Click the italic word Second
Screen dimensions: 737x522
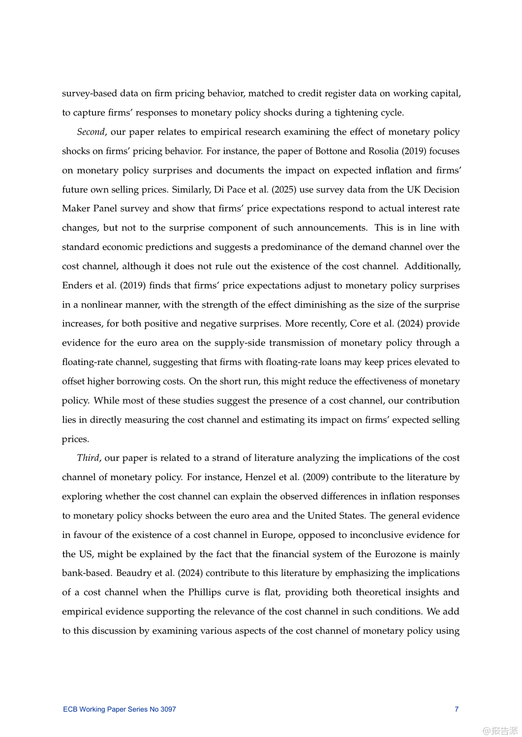click(91, 132)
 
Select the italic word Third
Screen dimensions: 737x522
click(88, 458)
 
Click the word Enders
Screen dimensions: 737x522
click(77, 285)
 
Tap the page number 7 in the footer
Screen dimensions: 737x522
click(457, 709)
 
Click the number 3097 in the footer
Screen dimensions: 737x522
click(168, 709)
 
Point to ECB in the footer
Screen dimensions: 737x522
click(70, 709)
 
